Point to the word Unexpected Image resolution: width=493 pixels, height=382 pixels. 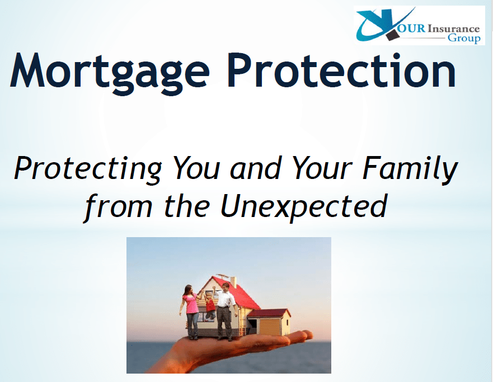[303, 205]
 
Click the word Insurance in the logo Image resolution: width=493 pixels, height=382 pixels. [453, 28]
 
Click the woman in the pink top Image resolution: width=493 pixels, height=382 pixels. [190, 310]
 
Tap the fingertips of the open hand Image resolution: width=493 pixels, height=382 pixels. [306, 335]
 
